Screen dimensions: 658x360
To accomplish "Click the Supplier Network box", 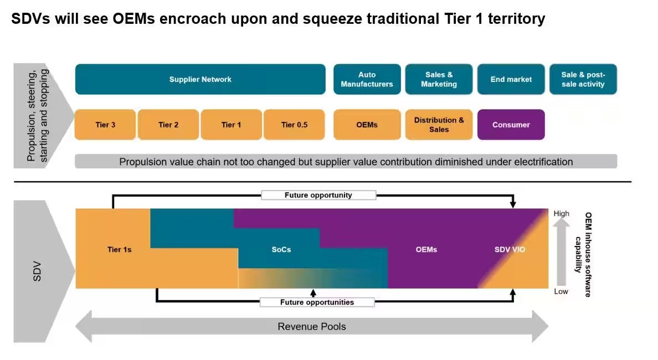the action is [x=200, y=79].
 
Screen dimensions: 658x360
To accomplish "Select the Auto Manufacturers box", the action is [x=367, y=79].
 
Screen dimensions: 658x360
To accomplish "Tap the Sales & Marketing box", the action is [x=439, y=79].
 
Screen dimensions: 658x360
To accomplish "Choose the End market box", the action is [x=511, y=79].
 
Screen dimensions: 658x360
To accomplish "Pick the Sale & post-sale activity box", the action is [x=583, y=79].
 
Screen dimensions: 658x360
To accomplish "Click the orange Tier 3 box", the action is [x=105, y=125].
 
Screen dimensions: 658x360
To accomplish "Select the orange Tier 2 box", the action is [x=168, y=125].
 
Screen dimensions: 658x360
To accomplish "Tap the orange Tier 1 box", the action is [x=231, y=125].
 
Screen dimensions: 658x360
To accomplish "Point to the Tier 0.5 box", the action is [x=294, y=125].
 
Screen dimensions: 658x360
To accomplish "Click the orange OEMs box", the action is [x=367, y=125].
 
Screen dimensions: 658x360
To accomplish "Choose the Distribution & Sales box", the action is [x=439, y=125].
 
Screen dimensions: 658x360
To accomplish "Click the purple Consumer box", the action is [x=511, y=125].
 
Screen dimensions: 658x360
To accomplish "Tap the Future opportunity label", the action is [x=318, y=195].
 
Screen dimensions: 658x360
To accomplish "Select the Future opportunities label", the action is [x=317, y=302].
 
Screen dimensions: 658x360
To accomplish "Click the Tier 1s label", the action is [x=120, y=250].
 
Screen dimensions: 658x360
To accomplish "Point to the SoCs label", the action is [x=281, y=250].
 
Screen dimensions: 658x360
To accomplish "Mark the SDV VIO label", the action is [x=510, y=250].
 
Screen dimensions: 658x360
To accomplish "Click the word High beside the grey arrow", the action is [x=561, y=214].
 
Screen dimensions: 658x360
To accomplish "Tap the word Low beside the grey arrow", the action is [x=561, y=291].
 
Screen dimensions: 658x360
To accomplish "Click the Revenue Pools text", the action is [x=312, y=326].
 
